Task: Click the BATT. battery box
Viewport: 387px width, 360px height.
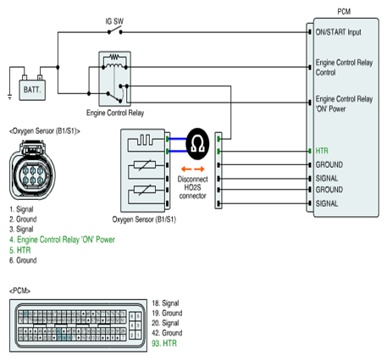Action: (x=32, y=90)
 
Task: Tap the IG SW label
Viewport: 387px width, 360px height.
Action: (x=114, y=21)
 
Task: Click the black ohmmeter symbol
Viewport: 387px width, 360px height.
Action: (x=197, y=144)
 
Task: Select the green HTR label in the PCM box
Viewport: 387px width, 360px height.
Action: (x=322, y=151)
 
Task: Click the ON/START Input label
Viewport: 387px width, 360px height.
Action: (x=338, y=32)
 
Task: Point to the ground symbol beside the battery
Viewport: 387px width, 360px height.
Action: (x=10, y=97)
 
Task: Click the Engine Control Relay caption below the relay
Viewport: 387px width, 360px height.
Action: (x=115, y=113)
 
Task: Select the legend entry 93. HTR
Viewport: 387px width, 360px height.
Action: (x=164, y=343)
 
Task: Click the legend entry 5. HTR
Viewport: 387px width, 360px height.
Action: (x=19, y=250)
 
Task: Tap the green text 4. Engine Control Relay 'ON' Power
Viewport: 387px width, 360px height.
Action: (x=62, y=240)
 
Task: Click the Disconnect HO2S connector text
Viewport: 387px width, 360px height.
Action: (x=192, y=187)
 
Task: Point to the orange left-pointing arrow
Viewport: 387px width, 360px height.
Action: (x=186, y=169)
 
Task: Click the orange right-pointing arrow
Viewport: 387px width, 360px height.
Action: (x=199, y=169)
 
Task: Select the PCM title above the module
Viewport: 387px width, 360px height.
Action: (x=344, y=12)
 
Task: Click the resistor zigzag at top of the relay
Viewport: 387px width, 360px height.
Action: (x=114, y=58)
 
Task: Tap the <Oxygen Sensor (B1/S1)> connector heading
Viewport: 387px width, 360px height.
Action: (x=45, y=131)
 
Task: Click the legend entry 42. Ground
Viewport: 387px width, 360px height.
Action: (x=167, y=333)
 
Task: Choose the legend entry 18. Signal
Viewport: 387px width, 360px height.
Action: (x=165, y=303)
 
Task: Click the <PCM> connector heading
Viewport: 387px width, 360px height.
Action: (x=19, y=291)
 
